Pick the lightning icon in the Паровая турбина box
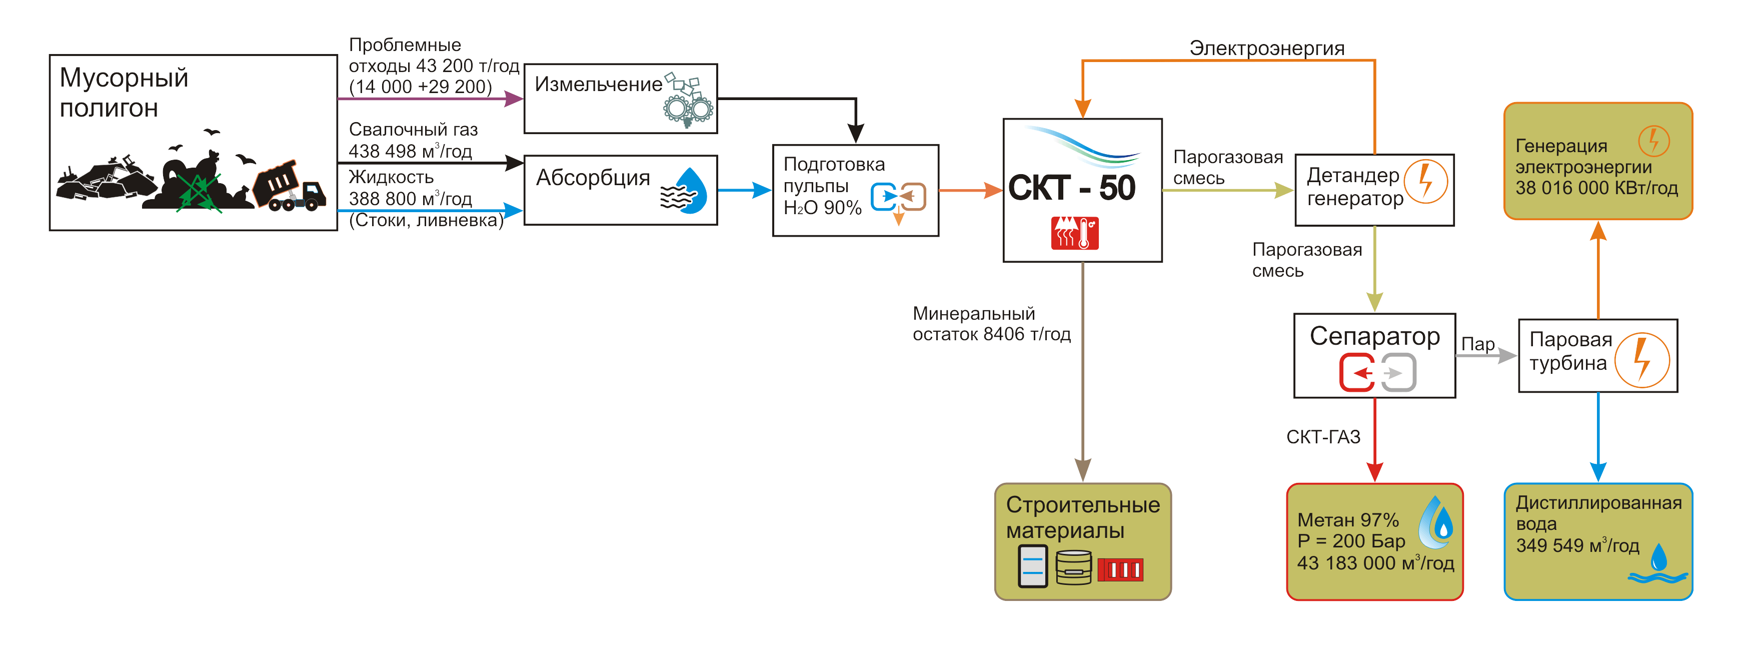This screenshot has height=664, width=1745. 1641,360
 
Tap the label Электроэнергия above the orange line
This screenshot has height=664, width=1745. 1267,49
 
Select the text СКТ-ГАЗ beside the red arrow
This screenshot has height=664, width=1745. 1323,437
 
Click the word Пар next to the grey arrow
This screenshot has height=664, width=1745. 1477,344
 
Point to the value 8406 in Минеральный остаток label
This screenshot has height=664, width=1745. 1004,334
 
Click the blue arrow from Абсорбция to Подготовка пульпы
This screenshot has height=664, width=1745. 745,190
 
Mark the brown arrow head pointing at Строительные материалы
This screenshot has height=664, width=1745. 1082,469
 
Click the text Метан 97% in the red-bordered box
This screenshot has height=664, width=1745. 1348,520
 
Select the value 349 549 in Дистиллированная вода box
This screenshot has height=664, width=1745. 1549,545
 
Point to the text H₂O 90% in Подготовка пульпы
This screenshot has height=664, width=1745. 822,208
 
